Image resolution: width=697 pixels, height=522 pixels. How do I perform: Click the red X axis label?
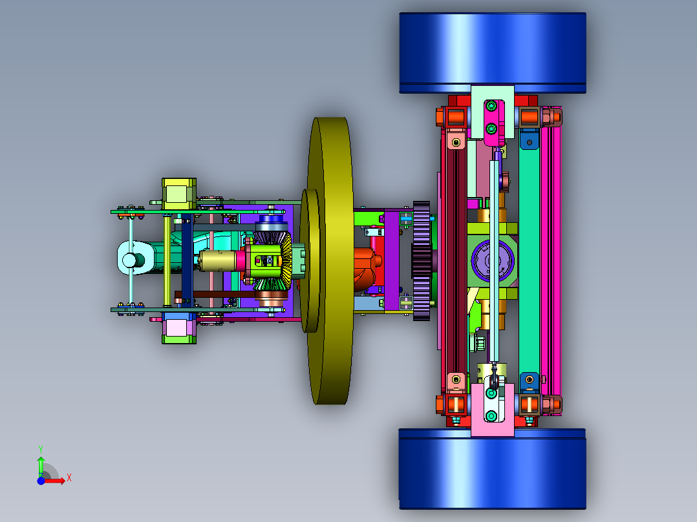click(69, 478)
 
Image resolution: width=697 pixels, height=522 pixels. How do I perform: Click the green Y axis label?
click(41, 449)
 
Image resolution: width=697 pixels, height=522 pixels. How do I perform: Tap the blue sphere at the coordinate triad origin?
click(41, 481)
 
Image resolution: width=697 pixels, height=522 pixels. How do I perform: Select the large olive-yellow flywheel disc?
click(331, 261)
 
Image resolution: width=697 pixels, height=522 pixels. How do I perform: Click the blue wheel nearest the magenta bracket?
click(493, 53)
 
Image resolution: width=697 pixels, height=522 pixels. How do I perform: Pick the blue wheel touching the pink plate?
click(492, 469)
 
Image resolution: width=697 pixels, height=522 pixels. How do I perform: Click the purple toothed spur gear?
click(422, 261)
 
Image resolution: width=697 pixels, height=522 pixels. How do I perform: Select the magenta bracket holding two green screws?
click(494, 123)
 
